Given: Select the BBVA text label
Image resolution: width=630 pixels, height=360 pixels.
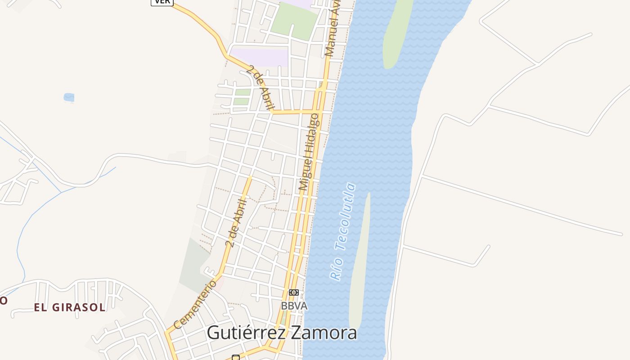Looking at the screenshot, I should click(294, 306).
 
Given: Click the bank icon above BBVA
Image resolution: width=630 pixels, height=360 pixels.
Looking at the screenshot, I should click(294, 292).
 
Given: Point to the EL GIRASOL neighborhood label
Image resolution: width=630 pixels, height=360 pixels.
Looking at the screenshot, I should click(70, 308).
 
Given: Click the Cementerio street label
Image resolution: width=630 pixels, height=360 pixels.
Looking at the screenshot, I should click(195, 305).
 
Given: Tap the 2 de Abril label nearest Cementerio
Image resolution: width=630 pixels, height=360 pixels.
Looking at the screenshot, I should click(237, 223).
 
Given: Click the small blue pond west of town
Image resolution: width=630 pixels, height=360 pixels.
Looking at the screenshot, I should click(69, 97).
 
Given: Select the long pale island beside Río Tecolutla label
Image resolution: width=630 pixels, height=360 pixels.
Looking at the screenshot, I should click(360, 261).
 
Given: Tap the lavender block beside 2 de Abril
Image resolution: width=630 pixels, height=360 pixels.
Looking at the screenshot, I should click(260, 57).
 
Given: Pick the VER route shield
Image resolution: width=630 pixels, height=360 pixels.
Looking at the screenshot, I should click(162, 2).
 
